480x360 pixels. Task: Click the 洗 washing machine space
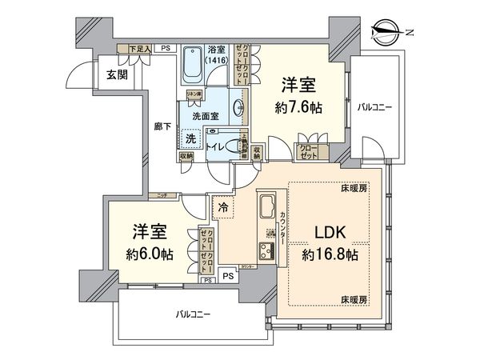[x=190, y=138]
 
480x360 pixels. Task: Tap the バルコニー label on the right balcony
[x=374, y=105]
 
